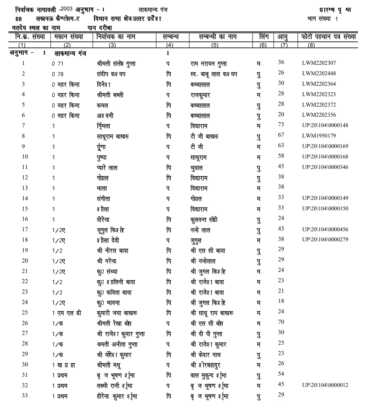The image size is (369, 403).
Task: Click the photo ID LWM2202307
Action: click(x=319, y=63)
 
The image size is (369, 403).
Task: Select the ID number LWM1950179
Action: click(x=319, y=136)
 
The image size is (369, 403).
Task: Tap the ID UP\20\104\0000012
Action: click(x=325, y=385)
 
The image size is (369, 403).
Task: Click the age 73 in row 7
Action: click(x=281, y=125)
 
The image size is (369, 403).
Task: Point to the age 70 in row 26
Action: click(x=281, y=322)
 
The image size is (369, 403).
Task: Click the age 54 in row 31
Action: click(x=281, y=374)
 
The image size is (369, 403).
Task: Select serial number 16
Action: click(x=25, y=219)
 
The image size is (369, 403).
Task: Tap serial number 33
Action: click(x=25, y=395)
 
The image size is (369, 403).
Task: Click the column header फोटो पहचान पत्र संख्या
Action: click(x=328, y=37)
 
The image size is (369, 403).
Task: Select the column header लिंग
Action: click(x=264, y=37)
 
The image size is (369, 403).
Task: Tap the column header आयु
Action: click(x=283, y=37)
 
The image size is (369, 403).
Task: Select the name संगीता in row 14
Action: click(x=101, y=198)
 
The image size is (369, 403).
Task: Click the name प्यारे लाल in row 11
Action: click(x=104, y=167)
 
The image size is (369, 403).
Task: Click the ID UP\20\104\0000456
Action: click(x=325, y=229)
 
